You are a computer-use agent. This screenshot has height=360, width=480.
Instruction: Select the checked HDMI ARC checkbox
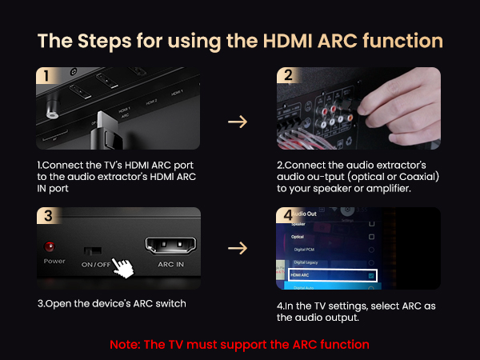(x=370, y=275)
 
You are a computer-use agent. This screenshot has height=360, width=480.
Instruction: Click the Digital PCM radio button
(x=370, y=250)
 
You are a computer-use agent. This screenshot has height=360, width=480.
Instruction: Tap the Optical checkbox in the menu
(x=370, y=238)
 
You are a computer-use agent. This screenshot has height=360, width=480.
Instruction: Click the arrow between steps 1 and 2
(x=238, y=122)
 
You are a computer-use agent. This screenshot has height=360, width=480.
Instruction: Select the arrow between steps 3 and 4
(x=238, y=248)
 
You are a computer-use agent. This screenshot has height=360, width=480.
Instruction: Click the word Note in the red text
(x=126, y=344)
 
